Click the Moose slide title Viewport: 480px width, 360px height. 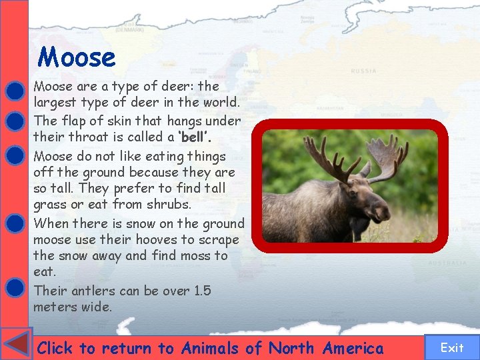pyautogui.click(x=77, y=57)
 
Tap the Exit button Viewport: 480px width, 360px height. pyautogui.click(x=452, y=347)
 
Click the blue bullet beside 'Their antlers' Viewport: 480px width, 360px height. pyautogui.click(x=14, y=287)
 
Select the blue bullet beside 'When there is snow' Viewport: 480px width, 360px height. pyautogui.click(x=14, y=223)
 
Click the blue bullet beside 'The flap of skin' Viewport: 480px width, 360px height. pyautogui.click(x=14, y=121)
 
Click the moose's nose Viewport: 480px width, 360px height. pyautogui.click(x=385, y=215)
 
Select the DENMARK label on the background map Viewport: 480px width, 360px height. pyautogui.click(x=129, y=30)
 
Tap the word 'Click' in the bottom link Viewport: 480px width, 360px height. pyautogui.click(x=55, y=348)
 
